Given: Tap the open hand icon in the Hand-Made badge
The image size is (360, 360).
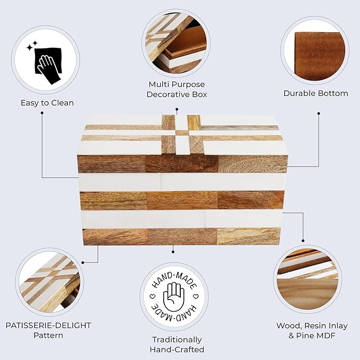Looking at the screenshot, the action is (x=174, y=296).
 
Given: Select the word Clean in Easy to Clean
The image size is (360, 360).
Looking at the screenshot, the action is (x=62, y=103).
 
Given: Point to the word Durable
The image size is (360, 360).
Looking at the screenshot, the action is (x=298, y=93).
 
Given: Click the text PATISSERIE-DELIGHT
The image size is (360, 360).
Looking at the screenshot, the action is (x=48, y=326).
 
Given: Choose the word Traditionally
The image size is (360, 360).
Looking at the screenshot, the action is (x=177, y=340).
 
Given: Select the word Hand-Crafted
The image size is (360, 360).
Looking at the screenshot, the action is (x=177, y=349).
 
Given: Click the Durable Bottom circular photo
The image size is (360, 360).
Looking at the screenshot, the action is (x=315, y=51).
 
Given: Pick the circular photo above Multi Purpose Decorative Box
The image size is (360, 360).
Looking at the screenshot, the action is (x=176, y=43).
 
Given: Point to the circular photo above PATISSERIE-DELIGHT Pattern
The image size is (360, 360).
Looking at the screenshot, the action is (x=49, y=282).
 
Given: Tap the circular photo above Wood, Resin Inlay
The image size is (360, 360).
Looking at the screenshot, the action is (x=308, y=279).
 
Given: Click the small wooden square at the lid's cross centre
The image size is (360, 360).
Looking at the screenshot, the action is (x=182, y=133).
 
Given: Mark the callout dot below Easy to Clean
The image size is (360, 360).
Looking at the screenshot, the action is (x=42, y=113).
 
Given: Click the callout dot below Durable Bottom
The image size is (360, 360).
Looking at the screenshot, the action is (x=319, y=113).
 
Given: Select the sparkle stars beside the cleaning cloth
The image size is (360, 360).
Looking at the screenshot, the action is (x=32, y=46).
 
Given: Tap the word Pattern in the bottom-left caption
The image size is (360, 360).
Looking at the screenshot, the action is (x=48, y=335).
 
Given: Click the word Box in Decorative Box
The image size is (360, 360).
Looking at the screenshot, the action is (x=199, y=94).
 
